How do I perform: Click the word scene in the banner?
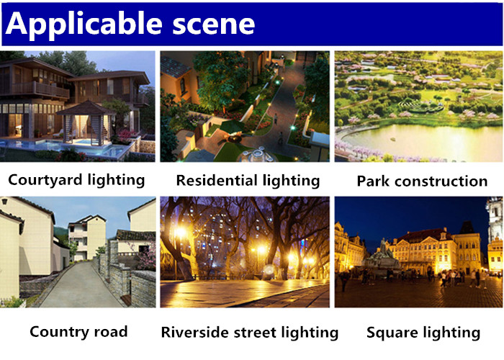pos(214,24)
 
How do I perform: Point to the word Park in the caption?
pos(374,181)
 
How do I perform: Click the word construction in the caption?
pos(441,181)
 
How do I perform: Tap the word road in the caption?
pos(112,332)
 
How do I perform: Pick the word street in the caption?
pos(255,333)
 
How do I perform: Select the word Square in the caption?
pos(392,333)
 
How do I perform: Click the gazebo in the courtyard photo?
pos(86,123)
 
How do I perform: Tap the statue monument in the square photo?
pos(382,257)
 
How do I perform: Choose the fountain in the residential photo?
pos(258,155)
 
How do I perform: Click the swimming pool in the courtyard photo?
pos(64,147)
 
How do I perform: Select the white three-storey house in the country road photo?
pos(87,237)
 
